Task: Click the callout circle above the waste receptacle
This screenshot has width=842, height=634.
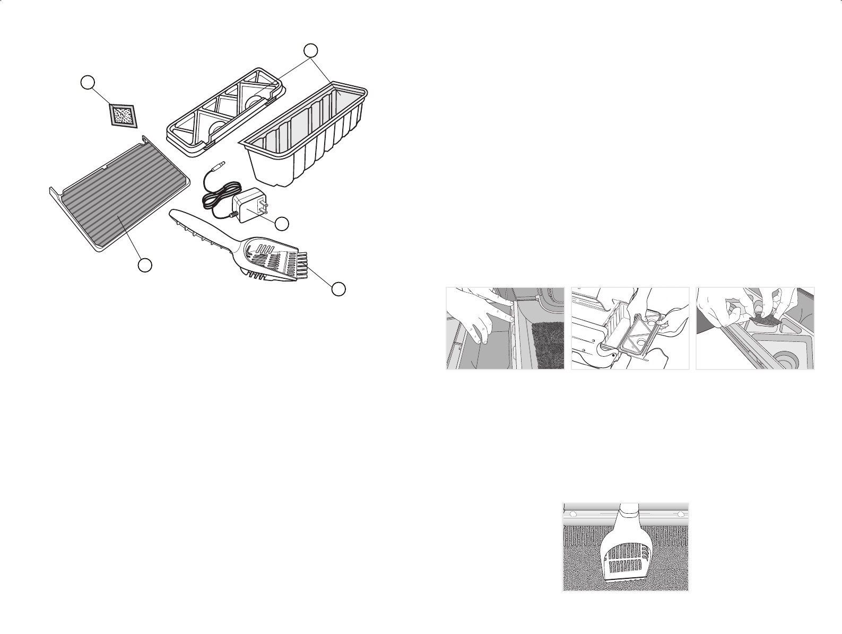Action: point(311,50)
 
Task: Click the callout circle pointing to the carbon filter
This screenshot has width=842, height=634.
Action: point(88,82)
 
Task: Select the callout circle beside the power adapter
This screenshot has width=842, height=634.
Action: point(282,224)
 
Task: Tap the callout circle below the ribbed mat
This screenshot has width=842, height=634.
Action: point(144,265)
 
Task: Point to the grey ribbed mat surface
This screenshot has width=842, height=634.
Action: point(119,207)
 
